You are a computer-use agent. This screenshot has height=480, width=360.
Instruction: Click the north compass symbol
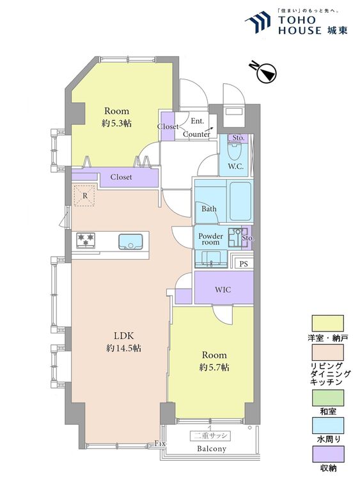(264, 72)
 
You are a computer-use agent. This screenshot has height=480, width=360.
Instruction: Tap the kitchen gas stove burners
(86, 240)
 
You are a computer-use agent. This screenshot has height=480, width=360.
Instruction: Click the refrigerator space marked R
(85, 196)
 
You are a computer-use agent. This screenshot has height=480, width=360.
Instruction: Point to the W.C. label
(235, 166)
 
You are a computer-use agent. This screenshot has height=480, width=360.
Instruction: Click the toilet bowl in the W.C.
(235, 152)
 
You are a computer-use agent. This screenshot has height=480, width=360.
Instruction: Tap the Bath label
(209, 209)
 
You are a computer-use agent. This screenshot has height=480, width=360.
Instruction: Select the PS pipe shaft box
(244, 264)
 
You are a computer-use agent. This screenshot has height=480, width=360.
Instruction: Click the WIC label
(223, 289)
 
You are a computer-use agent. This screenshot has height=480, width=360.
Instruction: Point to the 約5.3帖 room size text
(116, 124)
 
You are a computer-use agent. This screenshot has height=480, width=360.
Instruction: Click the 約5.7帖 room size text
(214, 367)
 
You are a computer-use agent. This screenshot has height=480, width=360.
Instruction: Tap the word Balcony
(212, 449)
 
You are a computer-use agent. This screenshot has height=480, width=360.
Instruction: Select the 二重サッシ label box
(210, 436)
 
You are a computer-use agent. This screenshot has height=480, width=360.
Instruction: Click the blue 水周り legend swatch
(327, 426)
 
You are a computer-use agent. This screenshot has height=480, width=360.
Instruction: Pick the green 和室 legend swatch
(327, 397)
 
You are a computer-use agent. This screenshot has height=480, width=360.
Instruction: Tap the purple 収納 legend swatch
(327, 454)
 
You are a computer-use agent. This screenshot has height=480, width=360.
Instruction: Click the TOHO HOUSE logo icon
(258, 22)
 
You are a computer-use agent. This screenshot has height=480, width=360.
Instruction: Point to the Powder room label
(211, 239)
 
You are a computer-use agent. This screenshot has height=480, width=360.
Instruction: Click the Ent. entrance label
(198, 121)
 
